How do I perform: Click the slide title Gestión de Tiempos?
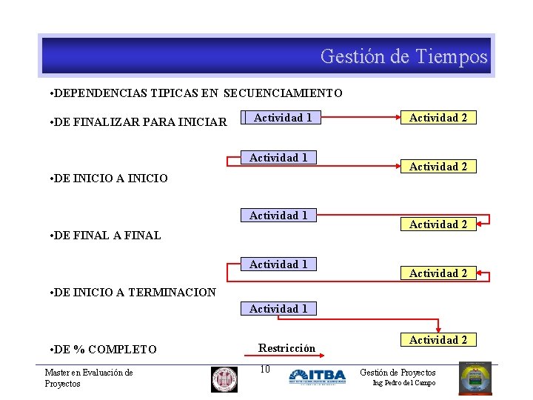click(x=403, y=56)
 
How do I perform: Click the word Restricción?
click(x=286, y=347)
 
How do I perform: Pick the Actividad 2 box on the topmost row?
click(x=438, y=118)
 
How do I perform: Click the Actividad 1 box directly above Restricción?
click(x=278, y=308)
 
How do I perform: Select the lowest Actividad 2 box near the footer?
click(x=438, y=340)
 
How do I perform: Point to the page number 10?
click(x=265, y=369)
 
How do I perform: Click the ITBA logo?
click(x=317, y=376)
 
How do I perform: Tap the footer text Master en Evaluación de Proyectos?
click(x=88, y=378)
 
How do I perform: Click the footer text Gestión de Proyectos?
click(x=398, y=373)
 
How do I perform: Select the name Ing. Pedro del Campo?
click(x=403, y=383)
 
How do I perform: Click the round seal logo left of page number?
click(x=224, y=379)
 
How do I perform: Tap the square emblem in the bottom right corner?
click(x=475, y=379)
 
